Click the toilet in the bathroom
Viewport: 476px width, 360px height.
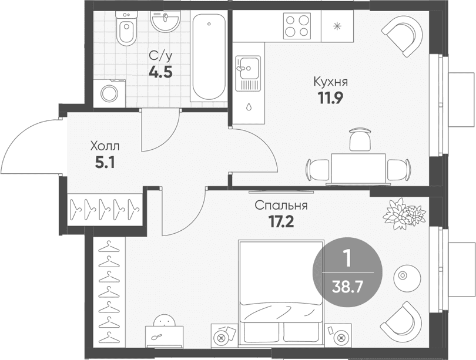(x=126, y=28)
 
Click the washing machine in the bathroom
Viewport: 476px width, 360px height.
(x=109, y=93)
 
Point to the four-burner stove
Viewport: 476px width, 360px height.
(x=297, y=26)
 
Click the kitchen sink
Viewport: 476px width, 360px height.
(x=249, y=73)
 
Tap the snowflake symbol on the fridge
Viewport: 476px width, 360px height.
(x=337, y=26)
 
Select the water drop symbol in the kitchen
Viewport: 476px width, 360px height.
(x=249, y=106)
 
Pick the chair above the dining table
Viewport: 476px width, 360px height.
(x=360, y=140)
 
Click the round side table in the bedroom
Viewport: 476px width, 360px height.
(x=407, y=275)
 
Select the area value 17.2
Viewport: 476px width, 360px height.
(x=281, y=222)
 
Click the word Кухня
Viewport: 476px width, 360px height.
(x=331, y=82)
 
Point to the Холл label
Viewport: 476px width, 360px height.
(x=105, y=147)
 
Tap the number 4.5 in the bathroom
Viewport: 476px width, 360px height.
(x=160, y=72)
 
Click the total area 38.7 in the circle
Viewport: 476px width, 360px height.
(x=347, y=287)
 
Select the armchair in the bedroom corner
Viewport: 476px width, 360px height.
(x=401, y=321)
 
